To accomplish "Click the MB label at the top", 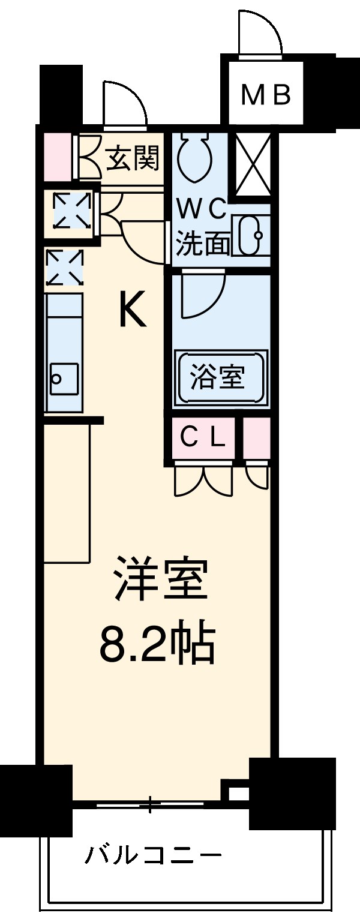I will coord(266,94).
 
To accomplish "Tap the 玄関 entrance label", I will coord(133,158).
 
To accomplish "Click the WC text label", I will coord(201,210).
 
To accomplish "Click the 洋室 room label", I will coord(162,579).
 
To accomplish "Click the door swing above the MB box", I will coord(259,34).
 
